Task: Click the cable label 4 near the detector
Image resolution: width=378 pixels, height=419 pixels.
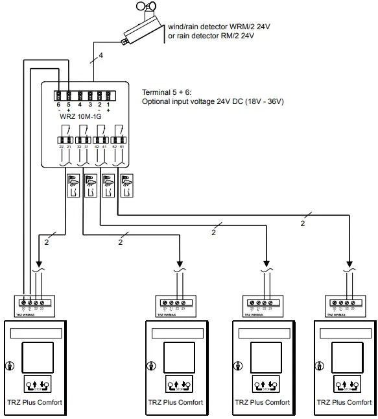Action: click(100, 57)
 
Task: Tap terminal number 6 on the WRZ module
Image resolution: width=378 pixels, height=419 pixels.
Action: click(58, 105)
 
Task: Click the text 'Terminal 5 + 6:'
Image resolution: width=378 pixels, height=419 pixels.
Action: click(167, 93)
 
